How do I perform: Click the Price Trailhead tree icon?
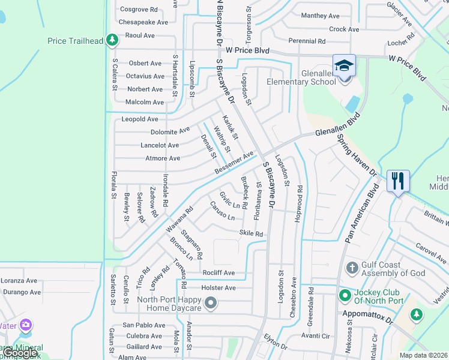point(112,40)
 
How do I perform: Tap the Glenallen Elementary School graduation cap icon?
point(345,65)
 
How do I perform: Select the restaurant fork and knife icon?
point(399,180)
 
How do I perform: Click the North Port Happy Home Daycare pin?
point(210,305)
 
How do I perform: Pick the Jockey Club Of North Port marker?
point(345,295)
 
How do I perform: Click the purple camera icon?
point(25,325)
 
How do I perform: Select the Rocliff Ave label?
point(218,273)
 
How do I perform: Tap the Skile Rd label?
point(251,233)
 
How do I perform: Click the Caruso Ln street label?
point(222,211)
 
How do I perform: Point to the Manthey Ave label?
point(320,16)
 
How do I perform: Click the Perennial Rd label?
point(306,41)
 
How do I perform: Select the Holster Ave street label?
point(218,288)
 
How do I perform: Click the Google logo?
point(20,353)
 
